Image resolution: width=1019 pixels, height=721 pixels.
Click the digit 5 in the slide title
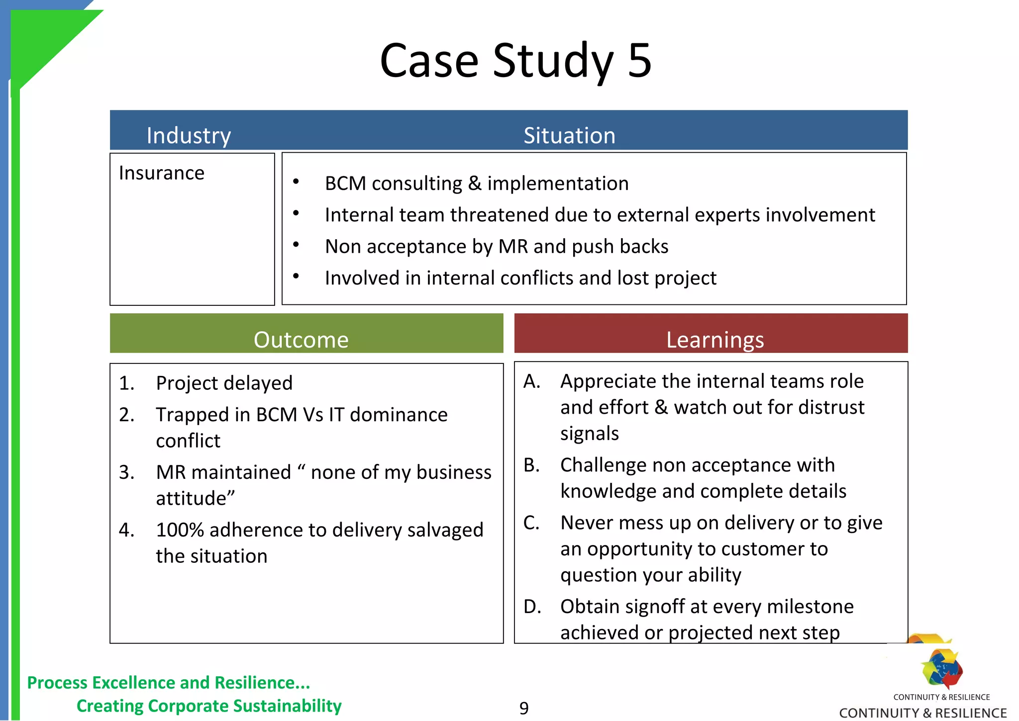coord(639,61)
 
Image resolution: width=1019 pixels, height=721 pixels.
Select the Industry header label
coord(189,136)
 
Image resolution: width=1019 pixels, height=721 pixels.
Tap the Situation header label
coord(569,136)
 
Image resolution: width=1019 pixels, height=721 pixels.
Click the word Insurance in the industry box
coord(161,173)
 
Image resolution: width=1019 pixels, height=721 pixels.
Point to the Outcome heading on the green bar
coord(301,340)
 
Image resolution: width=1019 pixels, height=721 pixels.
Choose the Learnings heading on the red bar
coord(714,340)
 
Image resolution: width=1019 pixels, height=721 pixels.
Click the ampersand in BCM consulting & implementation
coord(475,183)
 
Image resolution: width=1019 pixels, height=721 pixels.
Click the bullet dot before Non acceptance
coord(296,244)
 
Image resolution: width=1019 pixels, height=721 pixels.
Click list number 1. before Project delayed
coord(126,383)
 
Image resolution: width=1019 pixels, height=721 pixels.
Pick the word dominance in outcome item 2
coord(399,415)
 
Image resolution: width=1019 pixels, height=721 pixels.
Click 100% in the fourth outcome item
coord(180,530)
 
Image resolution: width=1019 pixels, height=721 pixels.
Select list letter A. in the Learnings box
coord(532,381)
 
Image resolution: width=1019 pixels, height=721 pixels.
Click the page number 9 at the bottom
coord(523,708)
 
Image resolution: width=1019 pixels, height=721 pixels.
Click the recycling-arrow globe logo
coord(941,668)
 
